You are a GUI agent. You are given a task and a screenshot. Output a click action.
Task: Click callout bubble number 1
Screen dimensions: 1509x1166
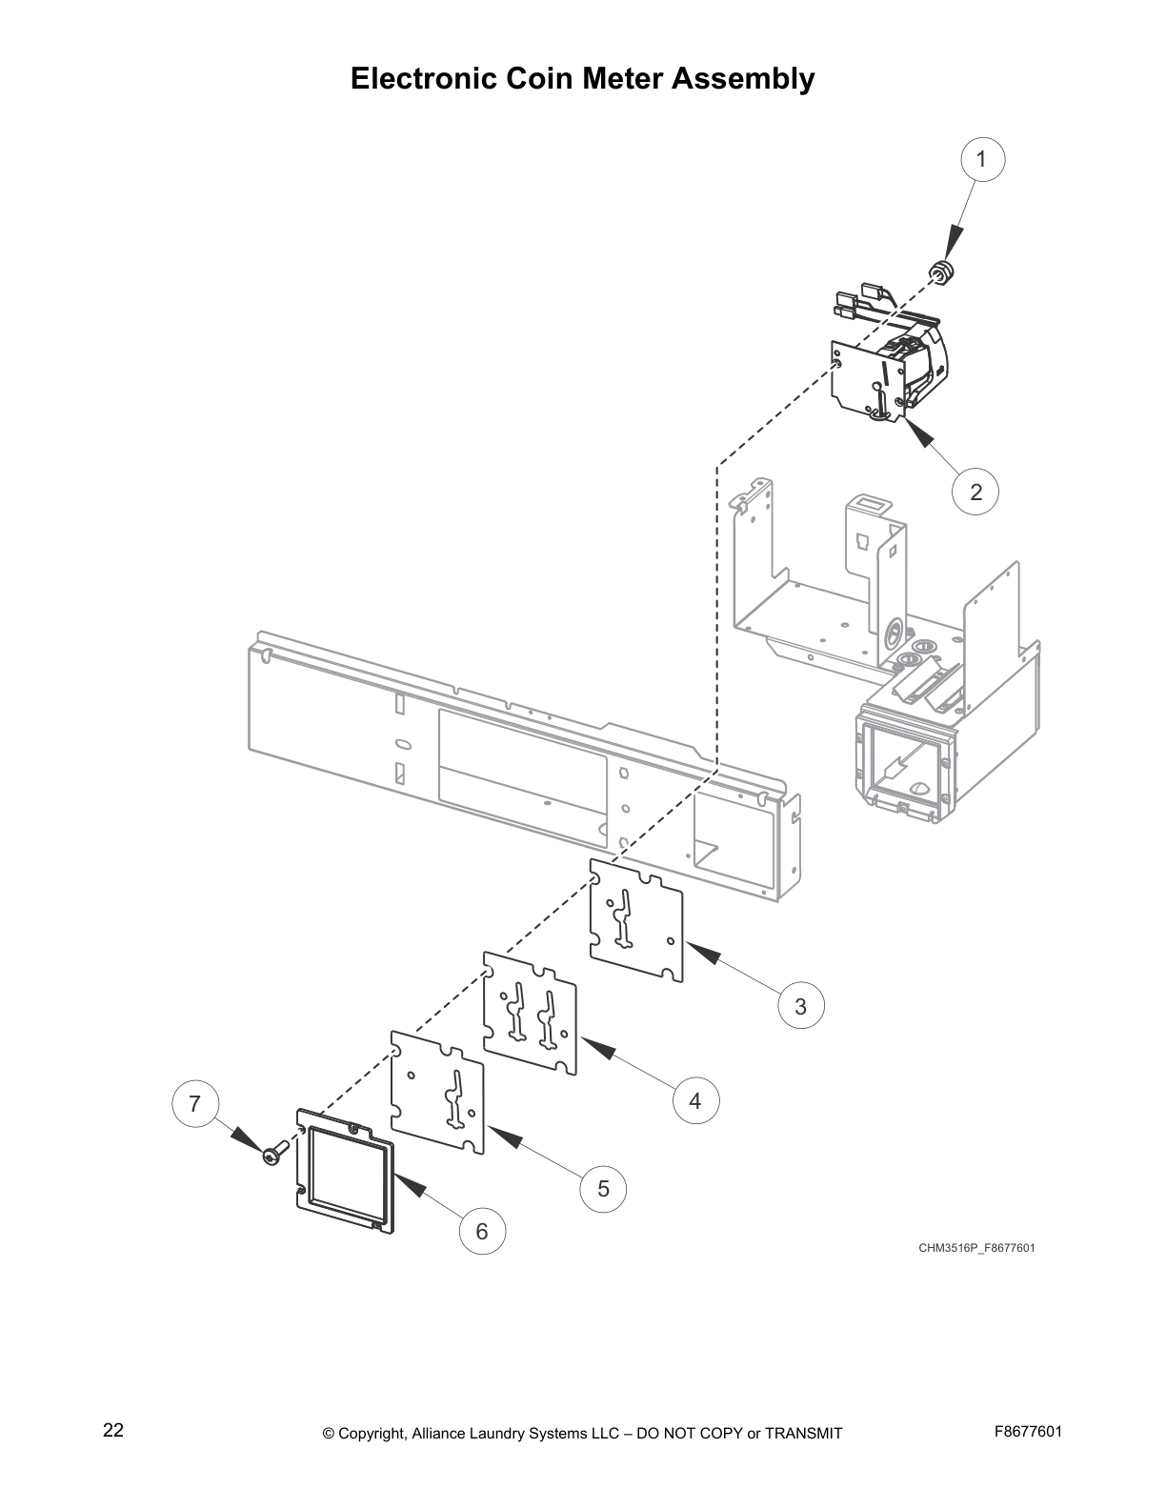(x=983, y=159)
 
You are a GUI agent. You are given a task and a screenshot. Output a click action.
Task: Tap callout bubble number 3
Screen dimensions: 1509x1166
(x=800, y=1006)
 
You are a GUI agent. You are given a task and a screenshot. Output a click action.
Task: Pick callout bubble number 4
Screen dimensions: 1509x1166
(x=695, y=1100)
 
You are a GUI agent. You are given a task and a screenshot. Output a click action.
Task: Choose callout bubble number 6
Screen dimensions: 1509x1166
(x=482, y=1232)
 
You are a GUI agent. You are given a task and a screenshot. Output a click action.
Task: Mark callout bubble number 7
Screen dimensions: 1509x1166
(x=195, y=1104)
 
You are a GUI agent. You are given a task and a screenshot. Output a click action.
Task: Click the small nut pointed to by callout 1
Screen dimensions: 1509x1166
(x=943, y=272)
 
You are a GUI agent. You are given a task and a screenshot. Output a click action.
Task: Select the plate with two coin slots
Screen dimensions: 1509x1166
(x=531, y=1013)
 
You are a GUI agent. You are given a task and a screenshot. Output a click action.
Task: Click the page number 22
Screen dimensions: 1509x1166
(x=113, y=1430)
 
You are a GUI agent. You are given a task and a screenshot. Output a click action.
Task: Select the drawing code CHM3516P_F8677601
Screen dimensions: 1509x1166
(x=976, y=1248)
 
